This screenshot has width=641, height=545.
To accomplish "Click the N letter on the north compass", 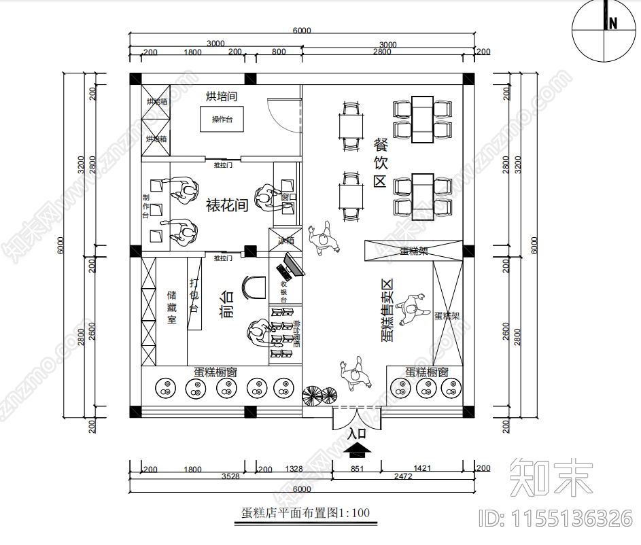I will coord(612,23).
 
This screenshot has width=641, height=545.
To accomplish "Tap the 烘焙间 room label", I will coord(222,96).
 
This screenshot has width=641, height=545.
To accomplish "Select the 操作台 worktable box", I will coord(222,120).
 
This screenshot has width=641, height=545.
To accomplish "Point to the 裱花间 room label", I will coord(226,205).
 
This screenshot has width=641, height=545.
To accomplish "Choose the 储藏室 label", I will coord(172,307).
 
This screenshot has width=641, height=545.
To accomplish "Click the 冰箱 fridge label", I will coord(285,241).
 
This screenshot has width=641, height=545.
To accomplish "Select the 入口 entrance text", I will coord(357,433).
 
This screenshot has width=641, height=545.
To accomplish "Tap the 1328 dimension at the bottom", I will coord(294,469).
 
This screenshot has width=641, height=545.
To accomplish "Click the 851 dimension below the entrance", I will coord(357,469).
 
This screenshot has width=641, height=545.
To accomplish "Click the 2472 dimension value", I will coord(402,477).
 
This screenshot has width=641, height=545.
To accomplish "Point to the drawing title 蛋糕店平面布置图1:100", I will coord(305,513).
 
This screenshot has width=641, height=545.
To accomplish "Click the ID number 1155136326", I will coord(555,518).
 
